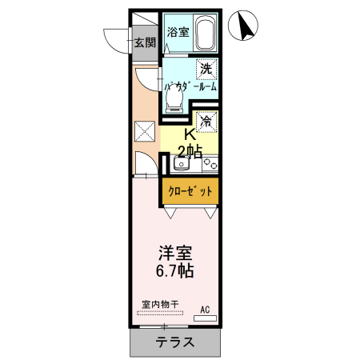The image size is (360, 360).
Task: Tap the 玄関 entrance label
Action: (144, 43)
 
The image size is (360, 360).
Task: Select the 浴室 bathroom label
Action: (178, 33)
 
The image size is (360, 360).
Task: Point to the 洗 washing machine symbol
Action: (206, 70)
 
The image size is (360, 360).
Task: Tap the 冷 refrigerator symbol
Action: (206, 122)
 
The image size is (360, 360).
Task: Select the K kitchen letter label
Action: (190, 134)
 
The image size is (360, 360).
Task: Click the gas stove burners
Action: (210, 164)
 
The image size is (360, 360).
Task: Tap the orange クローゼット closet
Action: (191, 192)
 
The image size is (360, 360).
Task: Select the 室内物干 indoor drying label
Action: (159, 304)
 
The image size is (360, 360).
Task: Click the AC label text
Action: (205, 309)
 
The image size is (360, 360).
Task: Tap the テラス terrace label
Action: (174, 342)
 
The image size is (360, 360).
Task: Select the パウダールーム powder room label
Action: (190, 86)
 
